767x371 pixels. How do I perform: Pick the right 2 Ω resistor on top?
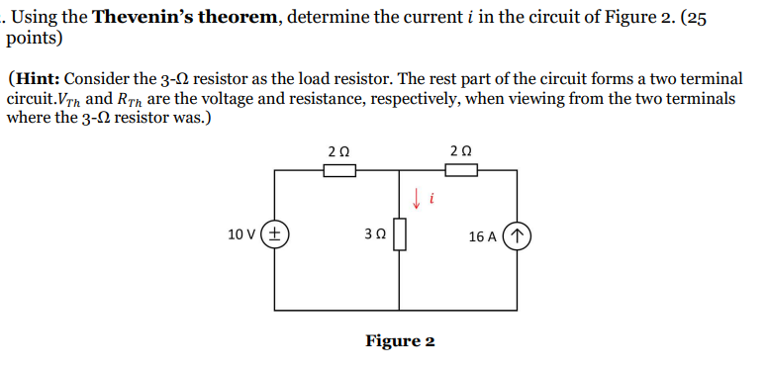point(460,170)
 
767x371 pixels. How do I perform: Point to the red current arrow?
point(417,198)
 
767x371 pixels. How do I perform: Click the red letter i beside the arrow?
point(432,200)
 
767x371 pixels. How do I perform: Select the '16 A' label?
point(484,236)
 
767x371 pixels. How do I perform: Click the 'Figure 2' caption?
point(400,341)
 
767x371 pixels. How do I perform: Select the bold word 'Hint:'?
point(40,78)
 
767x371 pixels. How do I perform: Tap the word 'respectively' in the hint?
point(405,99)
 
